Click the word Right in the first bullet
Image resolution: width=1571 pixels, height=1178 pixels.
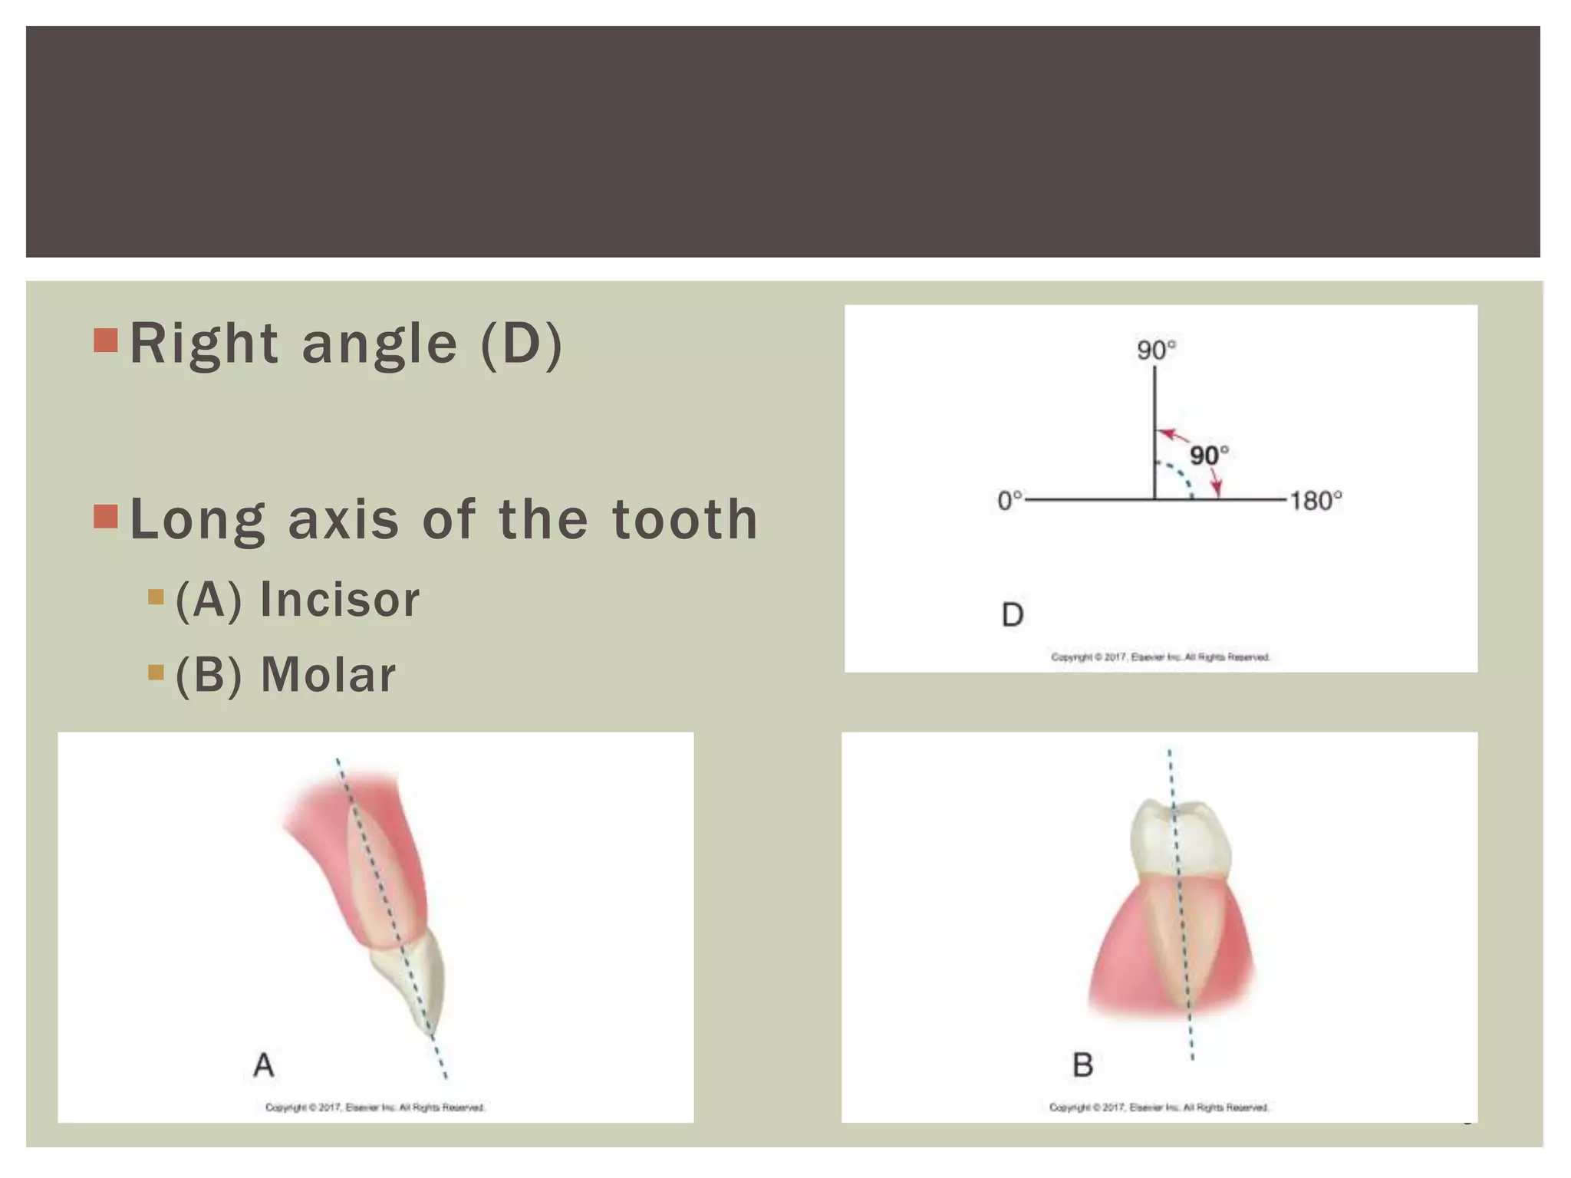click(203, 344)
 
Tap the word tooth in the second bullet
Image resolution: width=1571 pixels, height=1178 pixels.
click(684, 519)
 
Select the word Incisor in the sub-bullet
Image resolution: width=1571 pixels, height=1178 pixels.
click(339, 599)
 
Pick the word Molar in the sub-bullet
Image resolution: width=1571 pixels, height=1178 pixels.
click(328, 675)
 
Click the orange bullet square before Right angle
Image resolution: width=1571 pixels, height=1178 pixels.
click(106, 341)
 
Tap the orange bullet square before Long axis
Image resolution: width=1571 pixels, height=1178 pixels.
click(106, 517)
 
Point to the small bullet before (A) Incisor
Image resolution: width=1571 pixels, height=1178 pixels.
click(156, 597)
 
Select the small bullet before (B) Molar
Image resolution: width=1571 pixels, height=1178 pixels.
click(156, 673)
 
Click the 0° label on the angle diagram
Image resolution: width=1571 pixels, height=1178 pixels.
click(1009, 501)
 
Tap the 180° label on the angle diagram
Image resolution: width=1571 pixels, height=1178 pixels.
click(1316, 501)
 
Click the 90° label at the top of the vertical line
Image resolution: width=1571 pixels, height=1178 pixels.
click(1156, 350)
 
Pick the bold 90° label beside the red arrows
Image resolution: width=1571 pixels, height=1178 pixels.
click(1209, 456)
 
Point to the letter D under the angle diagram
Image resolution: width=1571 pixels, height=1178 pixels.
click(1013, 614)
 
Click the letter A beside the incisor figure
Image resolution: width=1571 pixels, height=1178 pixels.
click(264, 1064)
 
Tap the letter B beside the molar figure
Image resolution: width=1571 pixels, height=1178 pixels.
click(1082, 1064)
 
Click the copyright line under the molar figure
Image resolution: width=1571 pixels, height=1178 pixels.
click(1159, 1107)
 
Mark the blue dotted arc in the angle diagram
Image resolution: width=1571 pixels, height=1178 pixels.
click(1181, 477)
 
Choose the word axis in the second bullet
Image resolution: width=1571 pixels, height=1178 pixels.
click(344, 519)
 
